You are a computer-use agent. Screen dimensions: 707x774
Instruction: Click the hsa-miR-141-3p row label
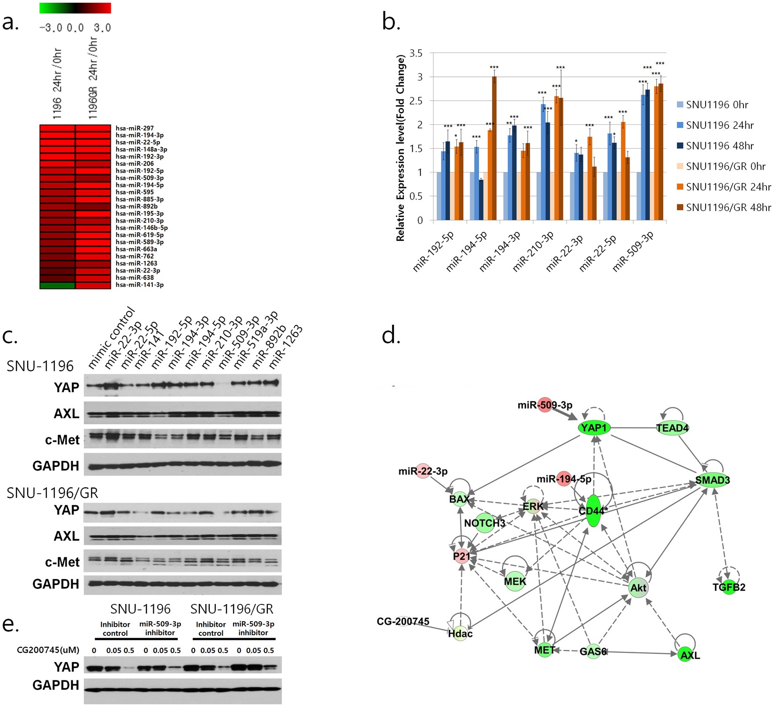click(139, 285)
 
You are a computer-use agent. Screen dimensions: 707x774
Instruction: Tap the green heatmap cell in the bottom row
click(57, 285)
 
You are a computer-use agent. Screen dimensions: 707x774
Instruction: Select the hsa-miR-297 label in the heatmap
click(135, 128)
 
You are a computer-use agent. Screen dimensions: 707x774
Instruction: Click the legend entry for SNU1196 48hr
click(720, 146)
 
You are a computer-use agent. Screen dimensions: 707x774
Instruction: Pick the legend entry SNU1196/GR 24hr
click(728, 187)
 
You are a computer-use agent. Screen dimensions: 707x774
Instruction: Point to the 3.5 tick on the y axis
click(416, 53)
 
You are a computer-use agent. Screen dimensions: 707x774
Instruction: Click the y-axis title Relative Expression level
click(400, 148)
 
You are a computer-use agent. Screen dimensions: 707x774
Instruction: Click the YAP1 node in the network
click(594, 428)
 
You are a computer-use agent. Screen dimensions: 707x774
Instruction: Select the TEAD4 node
click(672, 428)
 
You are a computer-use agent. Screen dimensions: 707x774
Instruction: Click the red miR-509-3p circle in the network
click(545, 405)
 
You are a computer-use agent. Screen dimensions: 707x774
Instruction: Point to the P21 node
click(462, 556)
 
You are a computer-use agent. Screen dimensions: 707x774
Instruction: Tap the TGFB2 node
click(729, 587)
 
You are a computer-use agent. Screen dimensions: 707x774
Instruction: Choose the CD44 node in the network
click(593, 510)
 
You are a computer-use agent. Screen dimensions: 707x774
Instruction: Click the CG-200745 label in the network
click(402, 622)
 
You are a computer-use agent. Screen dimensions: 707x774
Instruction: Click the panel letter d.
click(391, 336)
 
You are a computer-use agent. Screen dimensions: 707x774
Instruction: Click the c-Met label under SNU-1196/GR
click(62, 562)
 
